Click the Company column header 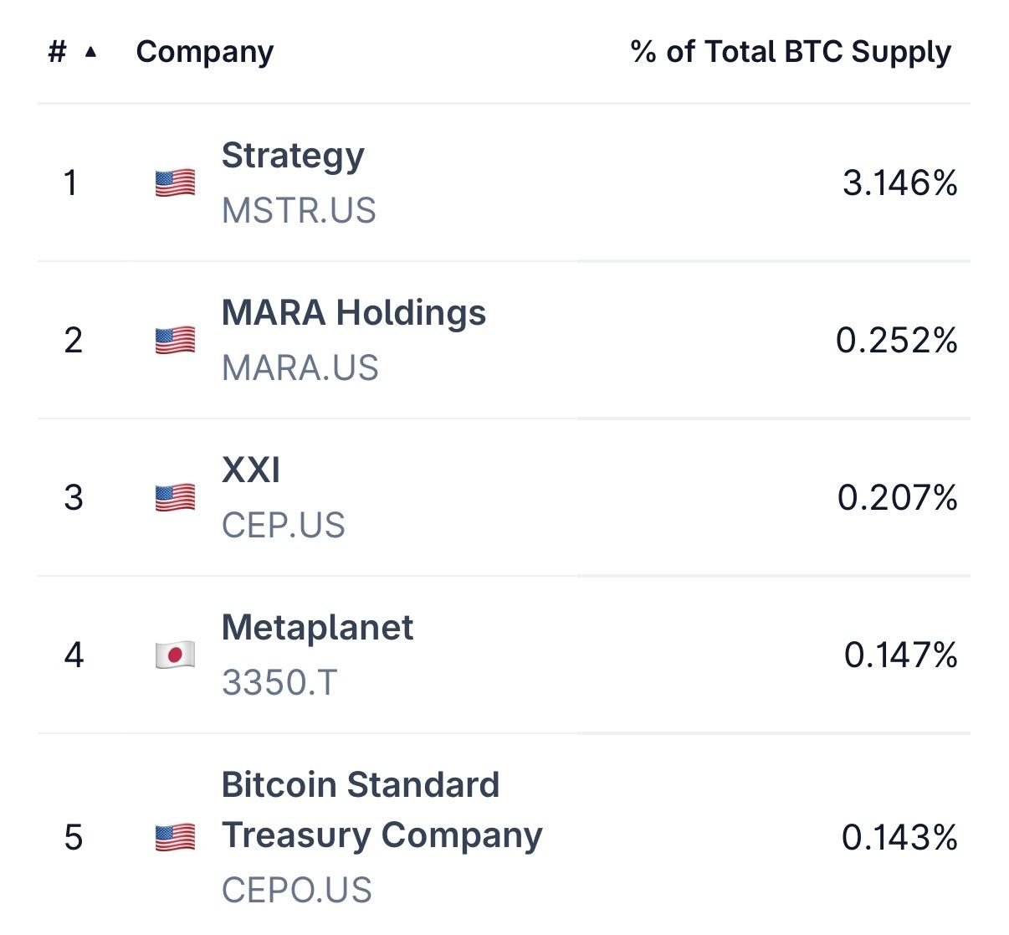[204, 52]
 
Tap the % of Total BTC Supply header [791, 52]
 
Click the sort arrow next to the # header [91, 52]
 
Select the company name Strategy [293, 156]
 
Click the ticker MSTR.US [299, 211]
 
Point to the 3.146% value [899, 182]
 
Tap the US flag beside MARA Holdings [175, 340]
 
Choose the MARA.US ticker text [300, 368]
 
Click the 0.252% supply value [896, 340]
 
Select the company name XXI [251, 470]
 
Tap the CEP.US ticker [283, 526]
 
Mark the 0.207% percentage [897, 497]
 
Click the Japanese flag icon [175, 655]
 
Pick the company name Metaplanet [317, 628]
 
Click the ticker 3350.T [279, 683]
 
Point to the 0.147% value [900, 655]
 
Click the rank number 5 [74, 837]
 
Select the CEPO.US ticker [296, 891]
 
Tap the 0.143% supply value [899, 837]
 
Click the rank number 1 [71, 182]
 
